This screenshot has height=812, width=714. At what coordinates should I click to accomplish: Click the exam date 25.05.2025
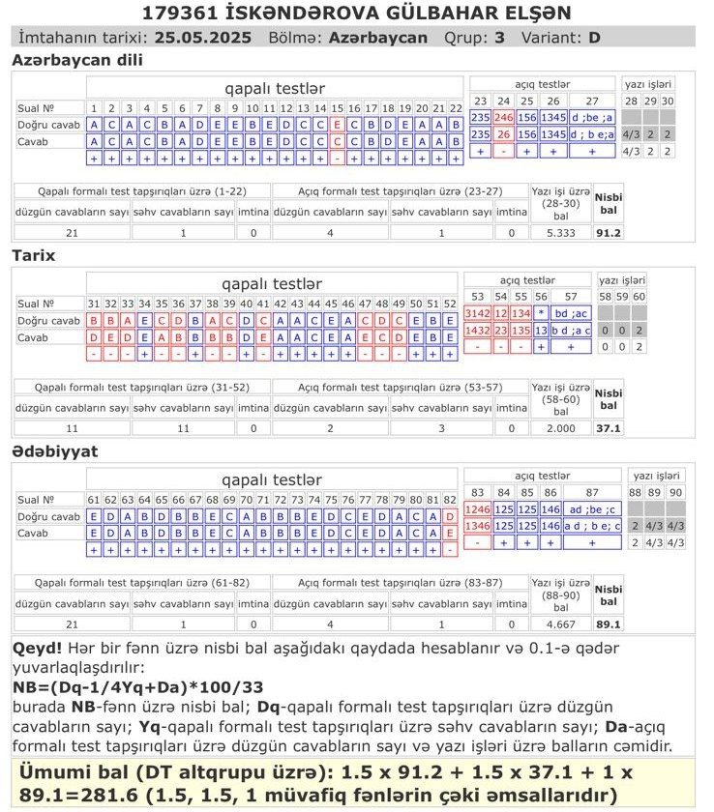click(200, 38)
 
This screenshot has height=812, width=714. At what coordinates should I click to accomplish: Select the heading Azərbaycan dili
click(76, 61)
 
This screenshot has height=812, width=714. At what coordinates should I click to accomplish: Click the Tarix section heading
click(33, 256)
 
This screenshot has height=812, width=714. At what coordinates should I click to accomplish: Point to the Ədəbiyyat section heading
click(54, 451)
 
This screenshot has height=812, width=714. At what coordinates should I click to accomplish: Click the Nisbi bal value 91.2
click(609, 233)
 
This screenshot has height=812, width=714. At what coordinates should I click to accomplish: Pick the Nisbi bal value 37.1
click(609, 428)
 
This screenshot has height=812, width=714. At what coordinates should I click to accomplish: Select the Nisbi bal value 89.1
click(609, 624)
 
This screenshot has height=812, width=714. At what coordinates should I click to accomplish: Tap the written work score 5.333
click(560, 233)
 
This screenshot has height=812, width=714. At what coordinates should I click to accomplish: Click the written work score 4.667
click(560, 624)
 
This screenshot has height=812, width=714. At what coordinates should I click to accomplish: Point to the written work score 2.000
click(560, 428)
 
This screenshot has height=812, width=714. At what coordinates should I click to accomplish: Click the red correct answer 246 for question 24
click(503, 117)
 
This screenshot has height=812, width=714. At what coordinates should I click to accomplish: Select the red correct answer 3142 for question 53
click(478, 313)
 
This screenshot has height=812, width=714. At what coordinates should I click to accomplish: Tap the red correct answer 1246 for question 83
click(478, 508)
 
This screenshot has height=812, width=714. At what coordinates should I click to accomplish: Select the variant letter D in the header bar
click(594, 38)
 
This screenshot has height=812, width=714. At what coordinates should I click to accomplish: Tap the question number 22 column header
click(454, 107)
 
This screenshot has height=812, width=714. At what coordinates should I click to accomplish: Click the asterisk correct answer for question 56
click(542, 313)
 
